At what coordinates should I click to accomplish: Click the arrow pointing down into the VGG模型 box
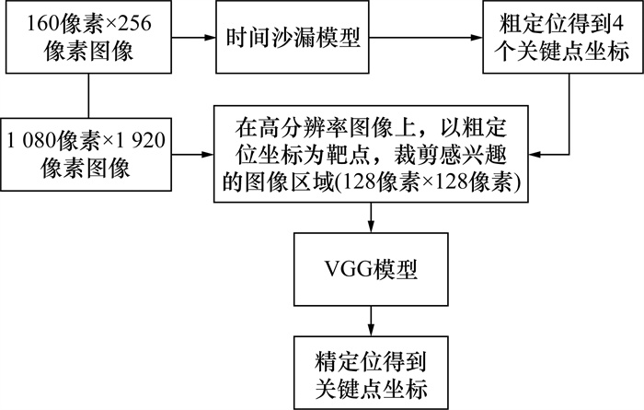(372, 217)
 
